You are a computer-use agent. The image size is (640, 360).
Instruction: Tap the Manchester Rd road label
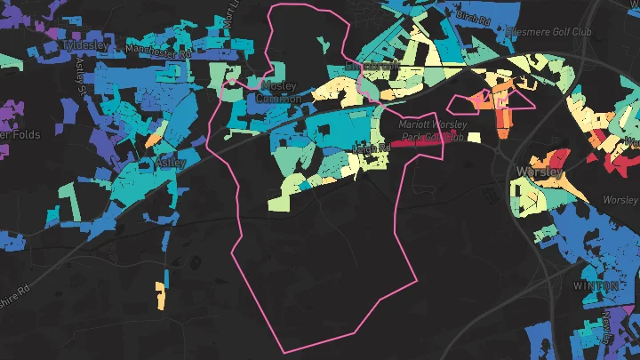pos(159,52)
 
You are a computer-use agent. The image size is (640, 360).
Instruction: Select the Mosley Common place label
pos(278,92)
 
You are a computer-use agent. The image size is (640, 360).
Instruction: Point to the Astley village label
pos(170,164)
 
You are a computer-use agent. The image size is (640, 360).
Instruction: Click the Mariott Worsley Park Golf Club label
pos(432,131)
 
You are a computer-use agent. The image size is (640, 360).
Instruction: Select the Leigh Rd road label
pos(372,148)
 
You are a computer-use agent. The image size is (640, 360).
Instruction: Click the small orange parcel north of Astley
pos(154,140)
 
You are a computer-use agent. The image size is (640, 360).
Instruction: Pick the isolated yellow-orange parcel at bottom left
pos(160,295)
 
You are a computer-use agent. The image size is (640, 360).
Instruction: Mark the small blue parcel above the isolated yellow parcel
pos(165,270)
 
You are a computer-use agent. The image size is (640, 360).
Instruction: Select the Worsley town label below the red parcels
pos(540,171)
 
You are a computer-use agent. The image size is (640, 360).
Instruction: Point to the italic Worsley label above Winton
pos(621,200)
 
